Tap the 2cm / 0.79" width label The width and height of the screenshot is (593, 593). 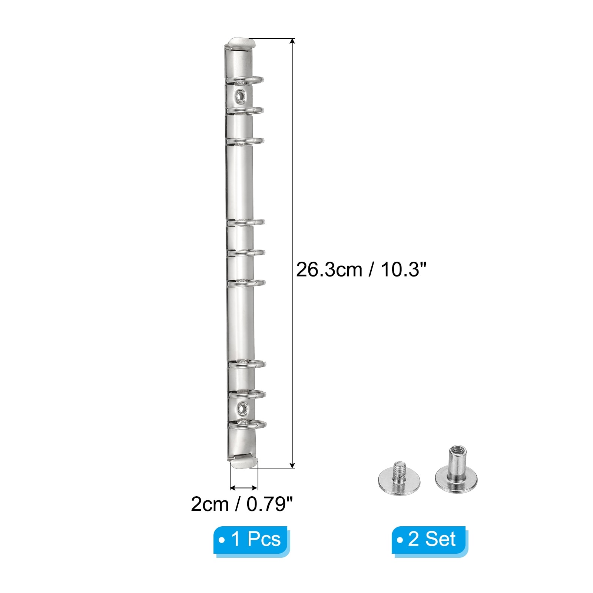point(242,504)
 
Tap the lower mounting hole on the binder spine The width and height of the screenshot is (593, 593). point(243,408)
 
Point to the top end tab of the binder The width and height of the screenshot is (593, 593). point(242,43)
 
